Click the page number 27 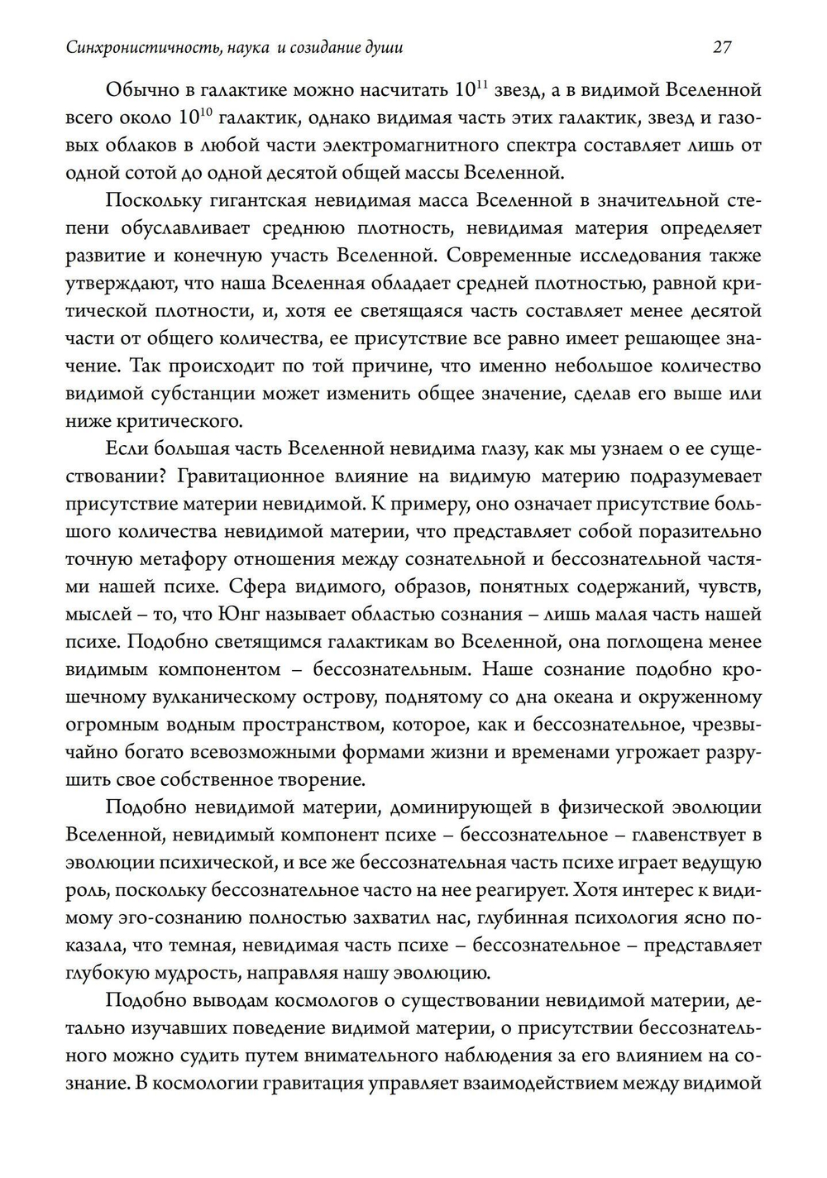point(722,47)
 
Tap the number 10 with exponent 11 point(471,89)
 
